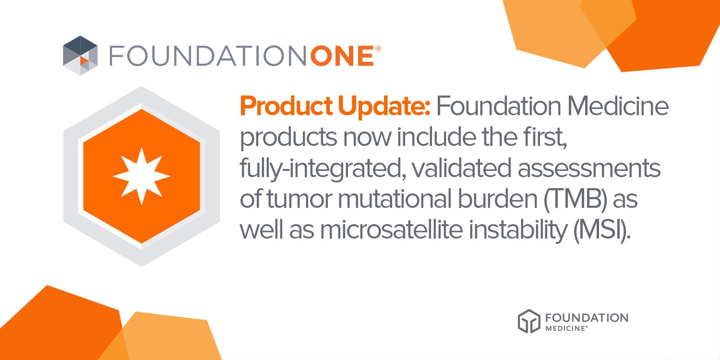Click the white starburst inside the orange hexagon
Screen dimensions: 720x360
(142, 176)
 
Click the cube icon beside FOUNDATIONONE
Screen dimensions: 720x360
(80, 55)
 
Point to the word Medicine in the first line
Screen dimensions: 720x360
(618, 106)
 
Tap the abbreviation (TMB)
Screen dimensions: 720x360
(576, 199)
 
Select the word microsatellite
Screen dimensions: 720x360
(391, 229)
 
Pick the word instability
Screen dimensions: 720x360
(518, 230)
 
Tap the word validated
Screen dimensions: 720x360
(462, 168)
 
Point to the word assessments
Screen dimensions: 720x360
(589, 168)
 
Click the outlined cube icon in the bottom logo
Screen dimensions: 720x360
(529, 321)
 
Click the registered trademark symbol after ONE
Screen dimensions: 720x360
(378, 48)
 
